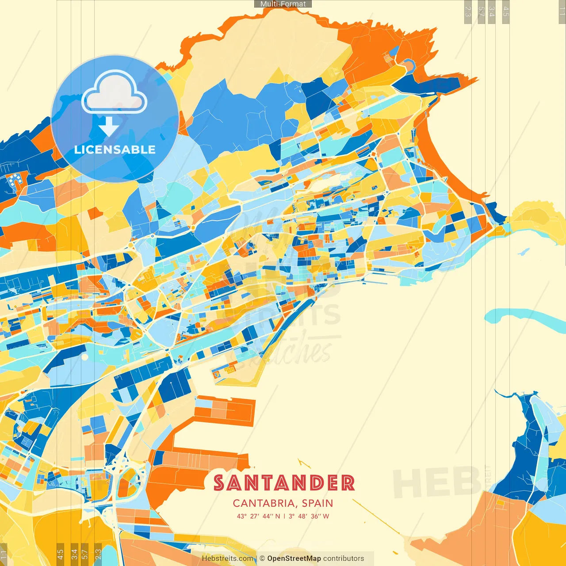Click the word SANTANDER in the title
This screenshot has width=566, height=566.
284,483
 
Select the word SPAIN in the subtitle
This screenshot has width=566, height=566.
317,503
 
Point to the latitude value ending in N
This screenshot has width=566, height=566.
259,516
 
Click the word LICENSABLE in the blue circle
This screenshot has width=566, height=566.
115,149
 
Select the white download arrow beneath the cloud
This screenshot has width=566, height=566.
108,127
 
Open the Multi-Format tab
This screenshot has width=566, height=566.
283,4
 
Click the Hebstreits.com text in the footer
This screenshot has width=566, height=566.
227,558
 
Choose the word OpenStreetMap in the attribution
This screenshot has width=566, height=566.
294,558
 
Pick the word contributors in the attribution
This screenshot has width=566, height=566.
344,558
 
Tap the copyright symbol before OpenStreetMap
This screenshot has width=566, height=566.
262,558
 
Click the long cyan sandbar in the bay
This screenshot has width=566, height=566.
526,318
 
